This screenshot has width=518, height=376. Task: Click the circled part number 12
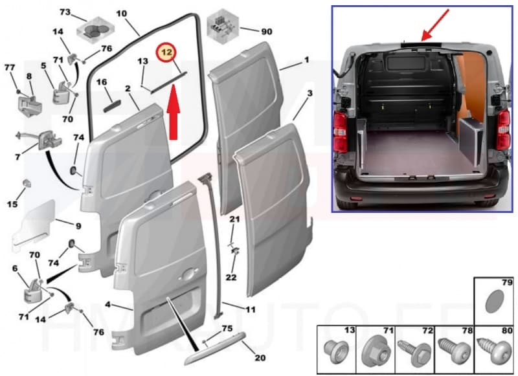[x=167, y=51]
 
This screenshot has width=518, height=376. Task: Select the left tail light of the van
[x=342, y=130]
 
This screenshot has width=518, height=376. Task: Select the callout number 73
[x=65, y=12]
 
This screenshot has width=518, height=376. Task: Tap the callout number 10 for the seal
[x=122, y=13]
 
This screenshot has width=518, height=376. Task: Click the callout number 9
[x=78, y=226]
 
